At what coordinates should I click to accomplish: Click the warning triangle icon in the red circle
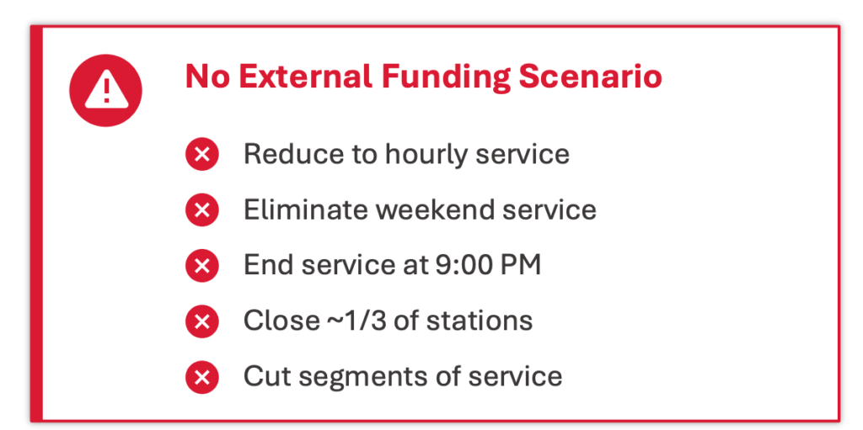coord(106,89)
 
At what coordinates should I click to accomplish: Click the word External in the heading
coord(305,76)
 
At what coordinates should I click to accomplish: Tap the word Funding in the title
coord(445,77)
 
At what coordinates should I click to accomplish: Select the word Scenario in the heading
coord(590,76)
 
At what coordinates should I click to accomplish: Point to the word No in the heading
coord(207,76)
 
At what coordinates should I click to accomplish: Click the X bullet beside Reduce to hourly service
coord(202,154)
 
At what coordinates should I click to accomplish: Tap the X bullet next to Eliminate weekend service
coord(202,210)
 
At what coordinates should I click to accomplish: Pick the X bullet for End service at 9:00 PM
coord(202,266)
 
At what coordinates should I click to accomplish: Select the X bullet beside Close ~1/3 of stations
coord(202,321)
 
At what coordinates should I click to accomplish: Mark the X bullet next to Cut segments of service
coord(202,377)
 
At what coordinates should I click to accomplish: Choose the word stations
coord(480,321)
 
